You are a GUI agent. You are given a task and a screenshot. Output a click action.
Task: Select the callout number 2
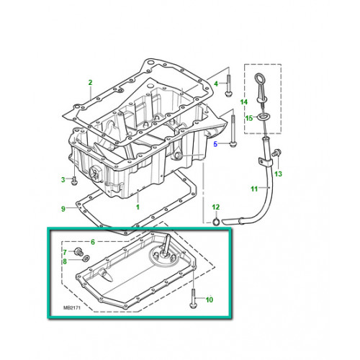point(90,84)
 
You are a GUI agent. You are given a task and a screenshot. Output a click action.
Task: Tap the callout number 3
point(63,179)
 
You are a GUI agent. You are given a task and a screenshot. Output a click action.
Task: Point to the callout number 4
point(215,84)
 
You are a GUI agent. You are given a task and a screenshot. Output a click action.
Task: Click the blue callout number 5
point(215,145)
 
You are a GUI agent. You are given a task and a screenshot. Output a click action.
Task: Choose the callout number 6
point(91,242)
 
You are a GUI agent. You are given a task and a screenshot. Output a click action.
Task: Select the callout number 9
point(63,210)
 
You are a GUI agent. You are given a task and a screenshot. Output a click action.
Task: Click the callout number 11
point(253,189)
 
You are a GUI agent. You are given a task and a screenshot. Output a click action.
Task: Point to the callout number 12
point(215,207)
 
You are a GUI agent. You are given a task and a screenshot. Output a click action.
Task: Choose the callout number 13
point(279,174)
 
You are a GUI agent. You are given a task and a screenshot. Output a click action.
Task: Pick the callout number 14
point(244,102)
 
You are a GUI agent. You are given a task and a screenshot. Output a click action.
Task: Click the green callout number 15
point(248,118)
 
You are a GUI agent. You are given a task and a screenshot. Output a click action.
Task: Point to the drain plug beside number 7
point(77,253)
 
